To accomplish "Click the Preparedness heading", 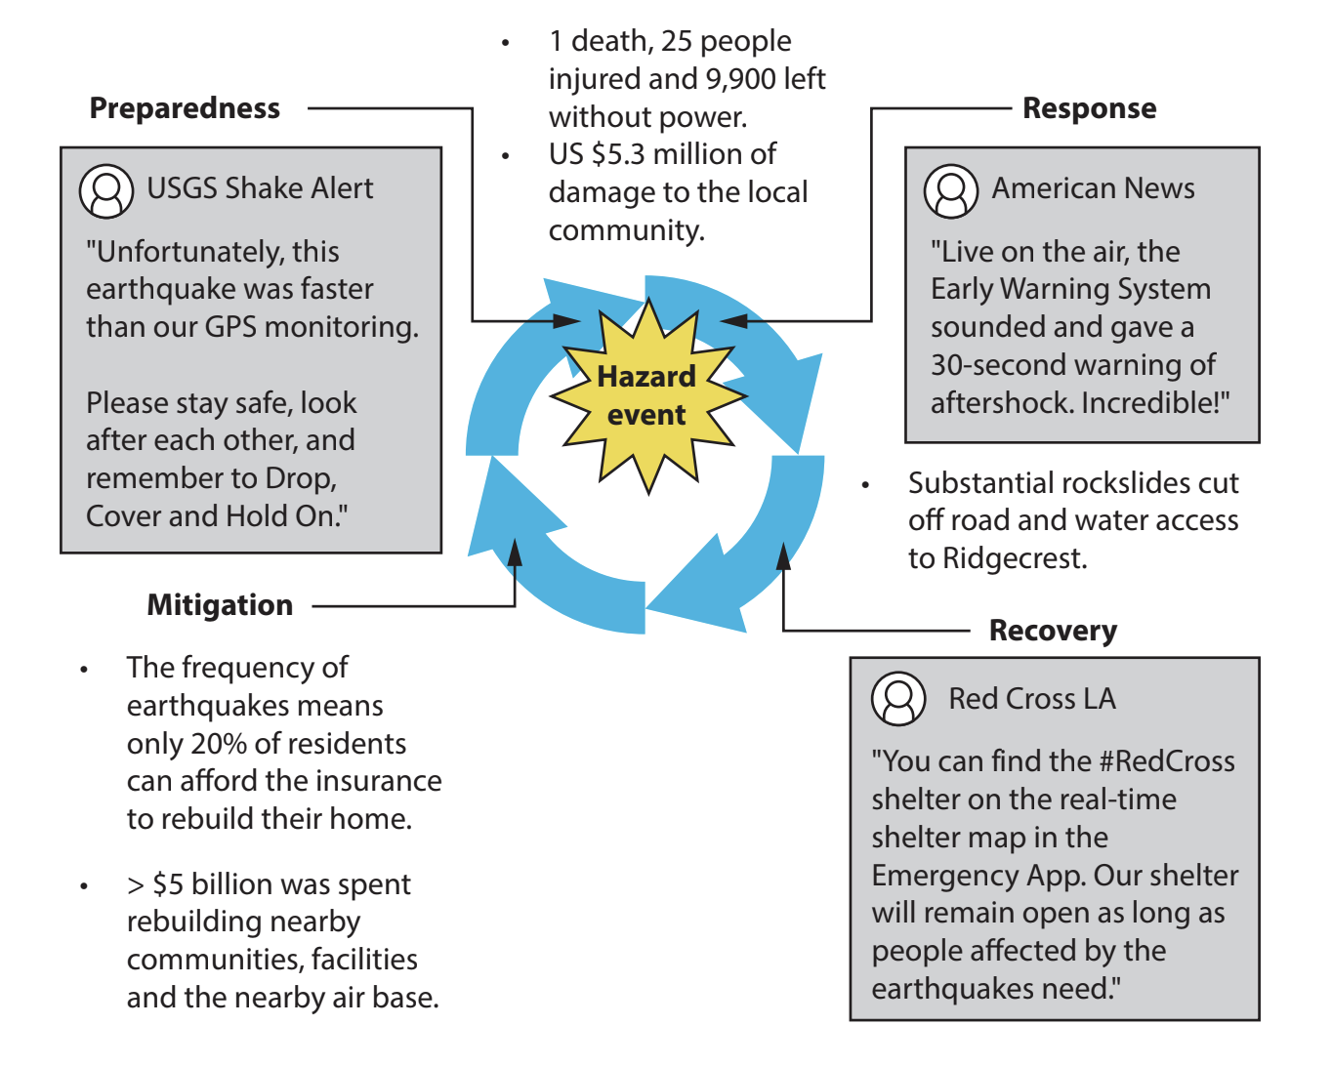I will coord(185,108).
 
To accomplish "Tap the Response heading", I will coord(1089,108).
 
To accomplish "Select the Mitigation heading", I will coord(220,605).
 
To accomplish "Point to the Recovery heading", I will coord(1053,631).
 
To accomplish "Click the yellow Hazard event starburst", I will coord(647,395).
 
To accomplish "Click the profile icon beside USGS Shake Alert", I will coord(106,190).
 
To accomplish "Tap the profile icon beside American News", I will coord(951,190).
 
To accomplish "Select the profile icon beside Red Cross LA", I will coord(898,699).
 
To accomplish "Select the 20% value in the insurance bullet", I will coord(218,744).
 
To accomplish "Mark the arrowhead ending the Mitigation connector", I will coord(515,553).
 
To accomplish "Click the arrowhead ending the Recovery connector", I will coord(783,556).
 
